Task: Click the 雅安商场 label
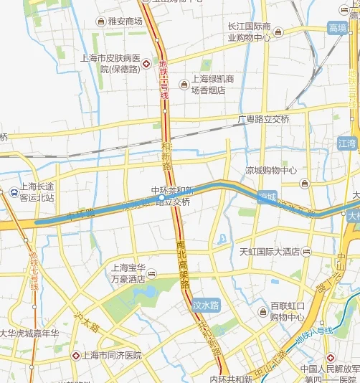pyautogui.click(x=125, y=22)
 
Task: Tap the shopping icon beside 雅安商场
pyautogui.click(x=99, y=22)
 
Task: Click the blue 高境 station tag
pyautogui.click(x=337, y=28)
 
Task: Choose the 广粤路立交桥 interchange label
pyautogui.click(x=264, y=119)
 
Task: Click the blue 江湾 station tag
pyautogui.click(x=347, y=143)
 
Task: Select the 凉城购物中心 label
pyautogui.click(x=271, y=171)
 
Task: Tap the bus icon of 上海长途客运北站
pyautogui.click(x=14, y=191)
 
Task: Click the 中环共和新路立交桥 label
pyautogui.click(x=171, y=197)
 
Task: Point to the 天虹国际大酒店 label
pyautogui.click(x=269, y=252)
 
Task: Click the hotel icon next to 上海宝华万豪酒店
pyautogui.click(x=152, y=275)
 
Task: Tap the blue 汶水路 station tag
pyautogui.click(x=207, y=304)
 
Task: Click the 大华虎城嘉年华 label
pyautogui.click(x=29, y=334)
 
